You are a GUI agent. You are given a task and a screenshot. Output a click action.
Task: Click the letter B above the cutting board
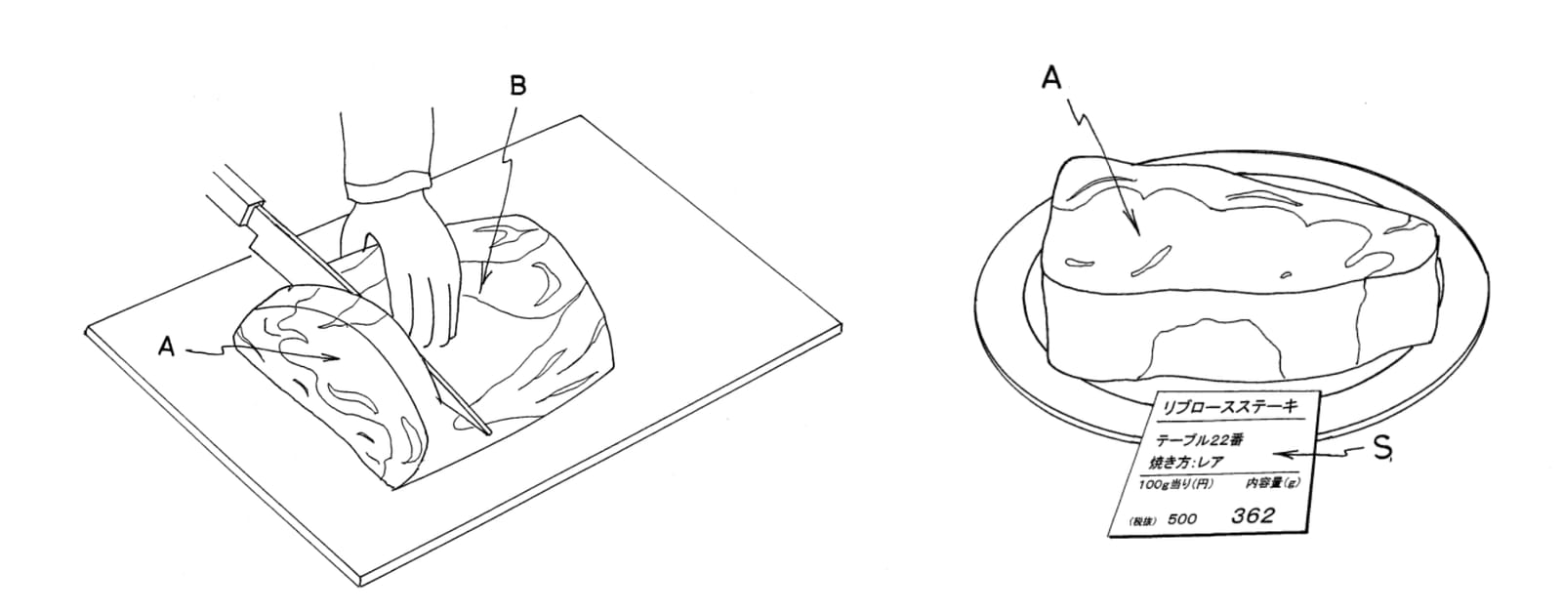518,87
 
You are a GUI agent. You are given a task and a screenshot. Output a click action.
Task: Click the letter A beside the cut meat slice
166,347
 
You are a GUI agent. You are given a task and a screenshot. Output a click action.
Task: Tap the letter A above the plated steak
1050,78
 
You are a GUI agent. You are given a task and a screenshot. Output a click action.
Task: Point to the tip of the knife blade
490,435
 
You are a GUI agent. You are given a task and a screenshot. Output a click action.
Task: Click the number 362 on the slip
1253,515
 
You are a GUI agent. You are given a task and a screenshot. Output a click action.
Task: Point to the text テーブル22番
1199,441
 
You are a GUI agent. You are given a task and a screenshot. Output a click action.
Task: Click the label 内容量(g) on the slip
1273,483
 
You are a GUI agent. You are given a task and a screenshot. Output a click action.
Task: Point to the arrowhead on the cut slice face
331,358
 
